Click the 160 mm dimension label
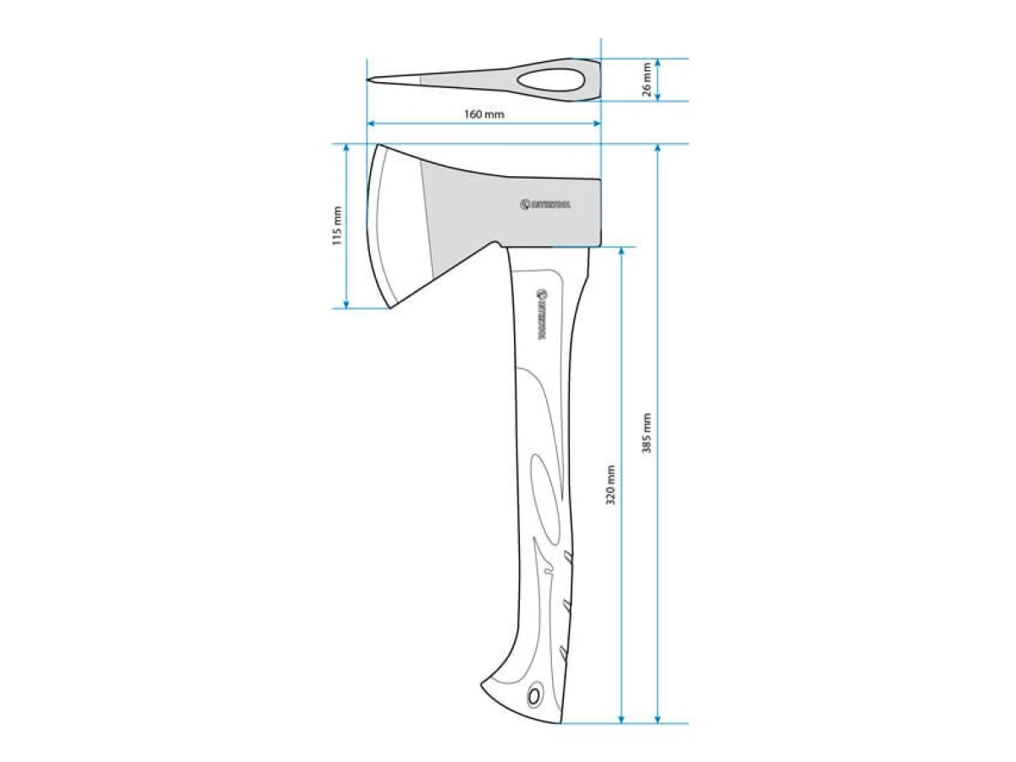[483, 114]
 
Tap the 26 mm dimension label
[648, 80]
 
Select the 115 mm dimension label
[337, 226]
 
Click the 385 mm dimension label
[647, 433]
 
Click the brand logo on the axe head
[546, 204]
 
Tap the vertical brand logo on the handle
[543, 313]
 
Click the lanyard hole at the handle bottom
[534, 696]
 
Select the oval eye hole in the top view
[549, 80]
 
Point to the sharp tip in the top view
[369, 80]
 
